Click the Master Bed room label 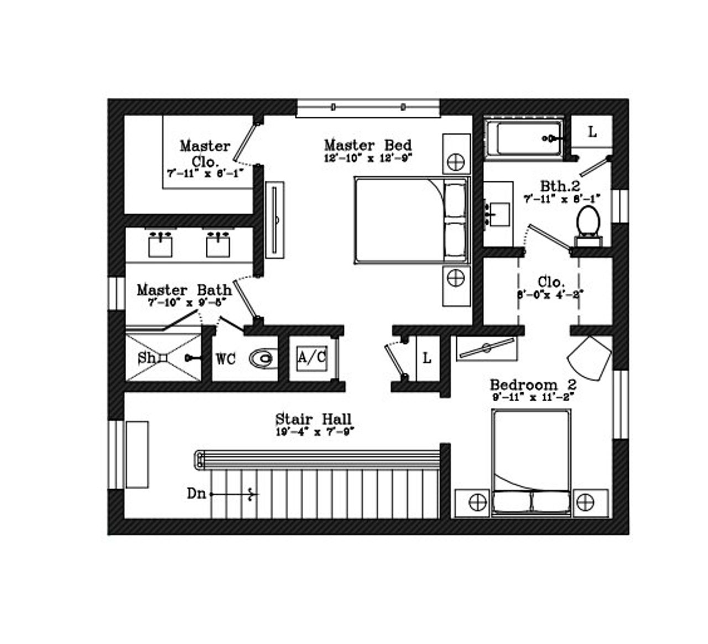[x=368, y=146]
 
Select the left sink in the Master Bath [x=160, y=245]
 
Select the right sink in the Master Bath [x=218, y=245]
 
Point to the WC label [x=226, y=359]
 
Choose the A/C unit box [x=312, y=357]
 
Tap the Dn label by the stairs [x=196, y=494]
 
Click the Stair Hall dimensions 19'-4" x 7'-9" [x=314, y=432]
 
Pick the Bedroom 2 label [x=533, y=385]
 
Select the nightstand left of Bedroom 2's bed [x=472, y=502]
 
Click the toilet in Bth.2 [x=588, y=224]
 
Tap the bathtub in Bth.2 [x=524, y=138]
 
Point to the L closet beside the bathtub [x=592, y=133]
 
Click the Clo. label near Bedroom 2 [x=551, y=282]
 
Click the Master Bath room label [x=184, y=290]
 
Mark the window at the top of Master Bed [x=368, y=107]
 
